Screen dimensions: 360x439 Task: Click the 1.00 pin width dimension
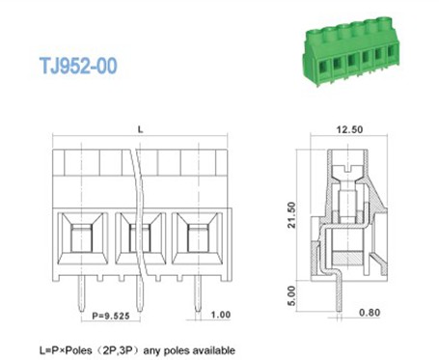(x=220, y=314)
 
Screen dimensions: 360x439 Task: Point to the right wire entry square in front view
(x=197, y=235)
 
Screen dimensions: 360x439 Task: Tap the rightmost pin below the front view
(x=198, y=294)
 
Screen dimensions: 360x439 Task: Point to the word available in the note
(x=210, y=348)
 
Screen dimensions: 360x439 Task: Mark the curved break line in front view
(x=139, y=222)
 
